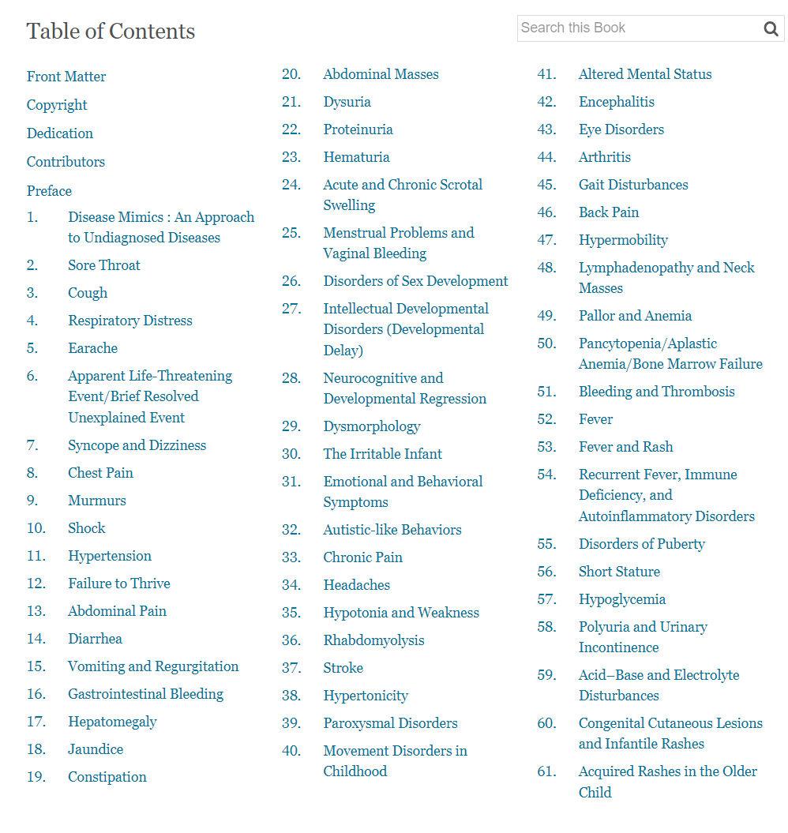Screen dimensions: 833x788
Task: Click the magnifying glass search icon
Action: tap(771, 29)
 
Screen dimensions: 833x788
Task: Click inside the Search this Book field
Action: tap(636, 28)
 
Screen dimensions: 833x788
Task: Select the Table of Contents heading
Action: tap(111, 32)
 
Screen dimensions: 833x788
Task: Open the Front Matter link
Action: tap(66, 77)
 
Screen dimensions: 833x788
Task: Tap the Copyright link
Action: tap(57, 105)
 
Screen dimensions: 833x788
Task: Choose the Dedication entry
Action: tap(60, 133)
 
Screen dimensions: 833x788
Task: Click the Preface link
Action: tap(49, 191)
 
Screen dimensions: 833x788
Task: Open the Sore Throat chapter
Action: tap(104, 265)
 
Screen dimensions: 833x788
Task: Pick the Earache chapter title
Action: tap(92, 348)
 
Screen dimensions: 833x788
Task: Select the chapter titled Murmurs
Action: tap(97, 501)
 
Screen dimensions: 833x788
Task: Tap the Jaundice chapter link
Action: tap(96, 749)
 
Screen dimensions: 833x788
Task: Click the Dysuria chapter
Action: tap(347, 102)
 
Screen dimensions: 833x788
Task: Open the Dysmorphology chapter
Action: tap(371, 426)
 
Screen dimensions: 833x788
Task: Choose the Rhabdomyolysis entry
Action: tap(373, 640)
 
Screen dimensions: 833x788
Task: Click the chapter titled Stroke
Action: tap(343, 668)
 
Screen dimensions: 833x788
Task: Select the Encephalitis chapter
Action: tap(616, 102)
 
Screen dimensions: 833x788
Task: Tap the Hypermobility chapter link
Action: tap(623, 240)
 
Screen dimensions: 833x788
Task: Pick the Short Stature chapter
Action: tap(619, 572)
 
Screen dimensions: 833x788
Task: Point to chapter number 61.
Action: tap(546, 771)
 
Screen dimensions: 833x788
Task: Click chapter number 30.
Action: tap(291, 454)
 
